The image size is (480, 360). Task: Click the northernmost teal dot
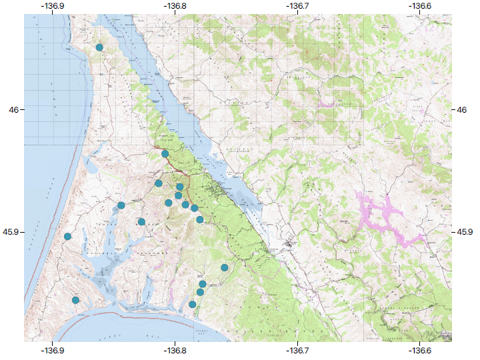[x=99, y=47]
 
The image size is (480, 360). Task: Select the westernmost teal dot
[x=68, y=236]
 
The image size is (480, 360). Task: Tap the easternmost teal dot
[x=225, y=267]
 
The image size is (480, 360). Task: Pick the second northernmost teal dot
[x=165, y=154]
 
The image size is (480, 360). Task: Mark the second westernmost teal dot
[x=76, y=301]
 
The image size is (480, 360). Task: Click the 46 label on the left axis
[x=13, y=109]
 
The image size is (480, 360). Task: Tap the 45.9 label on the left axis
[x=10, y=232]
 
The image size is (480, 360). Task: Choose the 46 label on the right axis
[x=463, y=109]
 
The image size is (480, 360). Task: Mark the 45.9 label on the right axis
[x=465, y=232]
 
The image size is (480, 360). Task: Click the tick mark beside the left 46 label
[x=23, y=109]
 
